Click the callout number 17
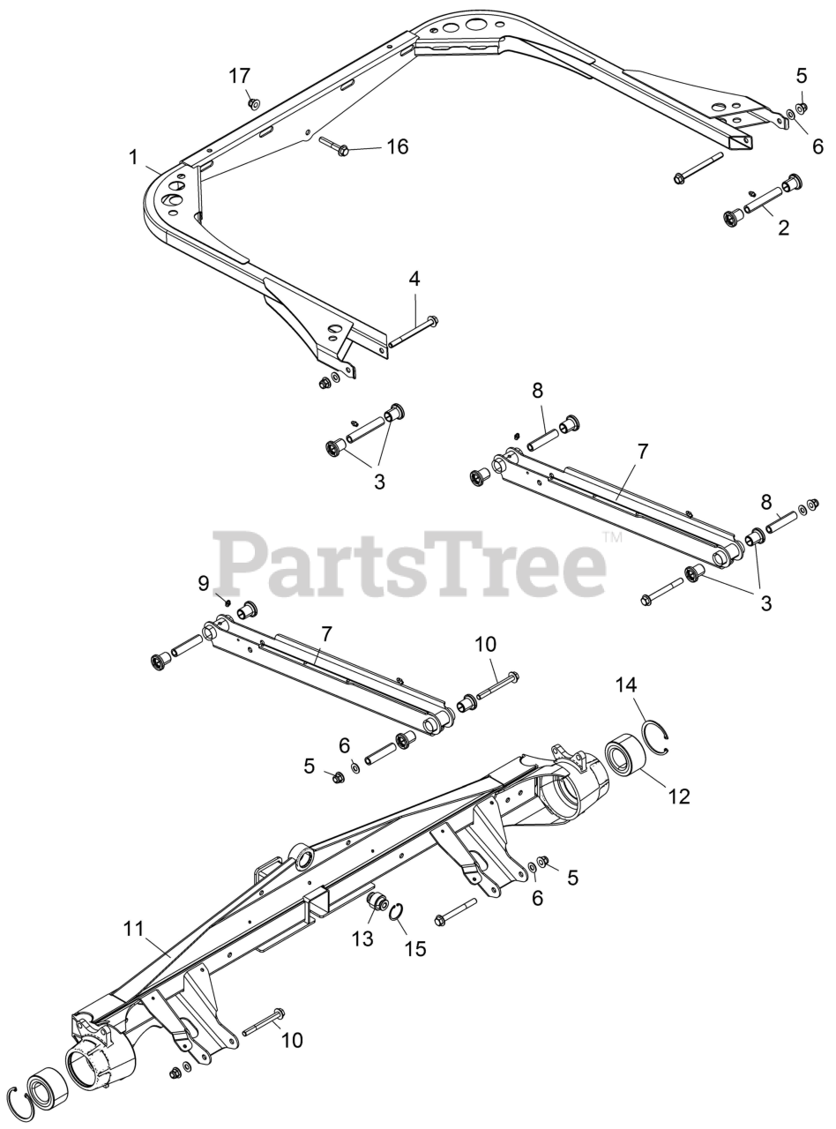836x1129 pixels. (x=240, y=76)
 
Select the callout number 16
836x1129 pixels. (x=397, y=146)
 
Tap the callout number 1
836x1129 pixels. (x=133, y=157)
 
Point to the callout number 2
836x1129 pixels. (x=783, y=228)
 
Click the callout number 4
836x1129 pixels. (x=414, y=279)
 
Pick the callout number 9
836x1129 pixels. (x=203, y=582)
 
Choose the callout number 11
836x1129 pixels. (x=133, y=928)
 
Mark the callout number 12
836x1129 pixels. (x=678, y=796)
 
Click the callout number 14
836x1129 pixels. (x=626, y=684)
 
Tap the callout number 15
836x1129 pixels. (x=414, y=948)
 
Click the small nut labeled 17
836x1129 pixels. (x=254, y=104)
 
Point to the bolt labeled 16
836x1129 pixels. (x=334, y=146)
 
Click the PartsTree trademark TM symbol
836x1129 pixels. (x=612, y=537)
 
